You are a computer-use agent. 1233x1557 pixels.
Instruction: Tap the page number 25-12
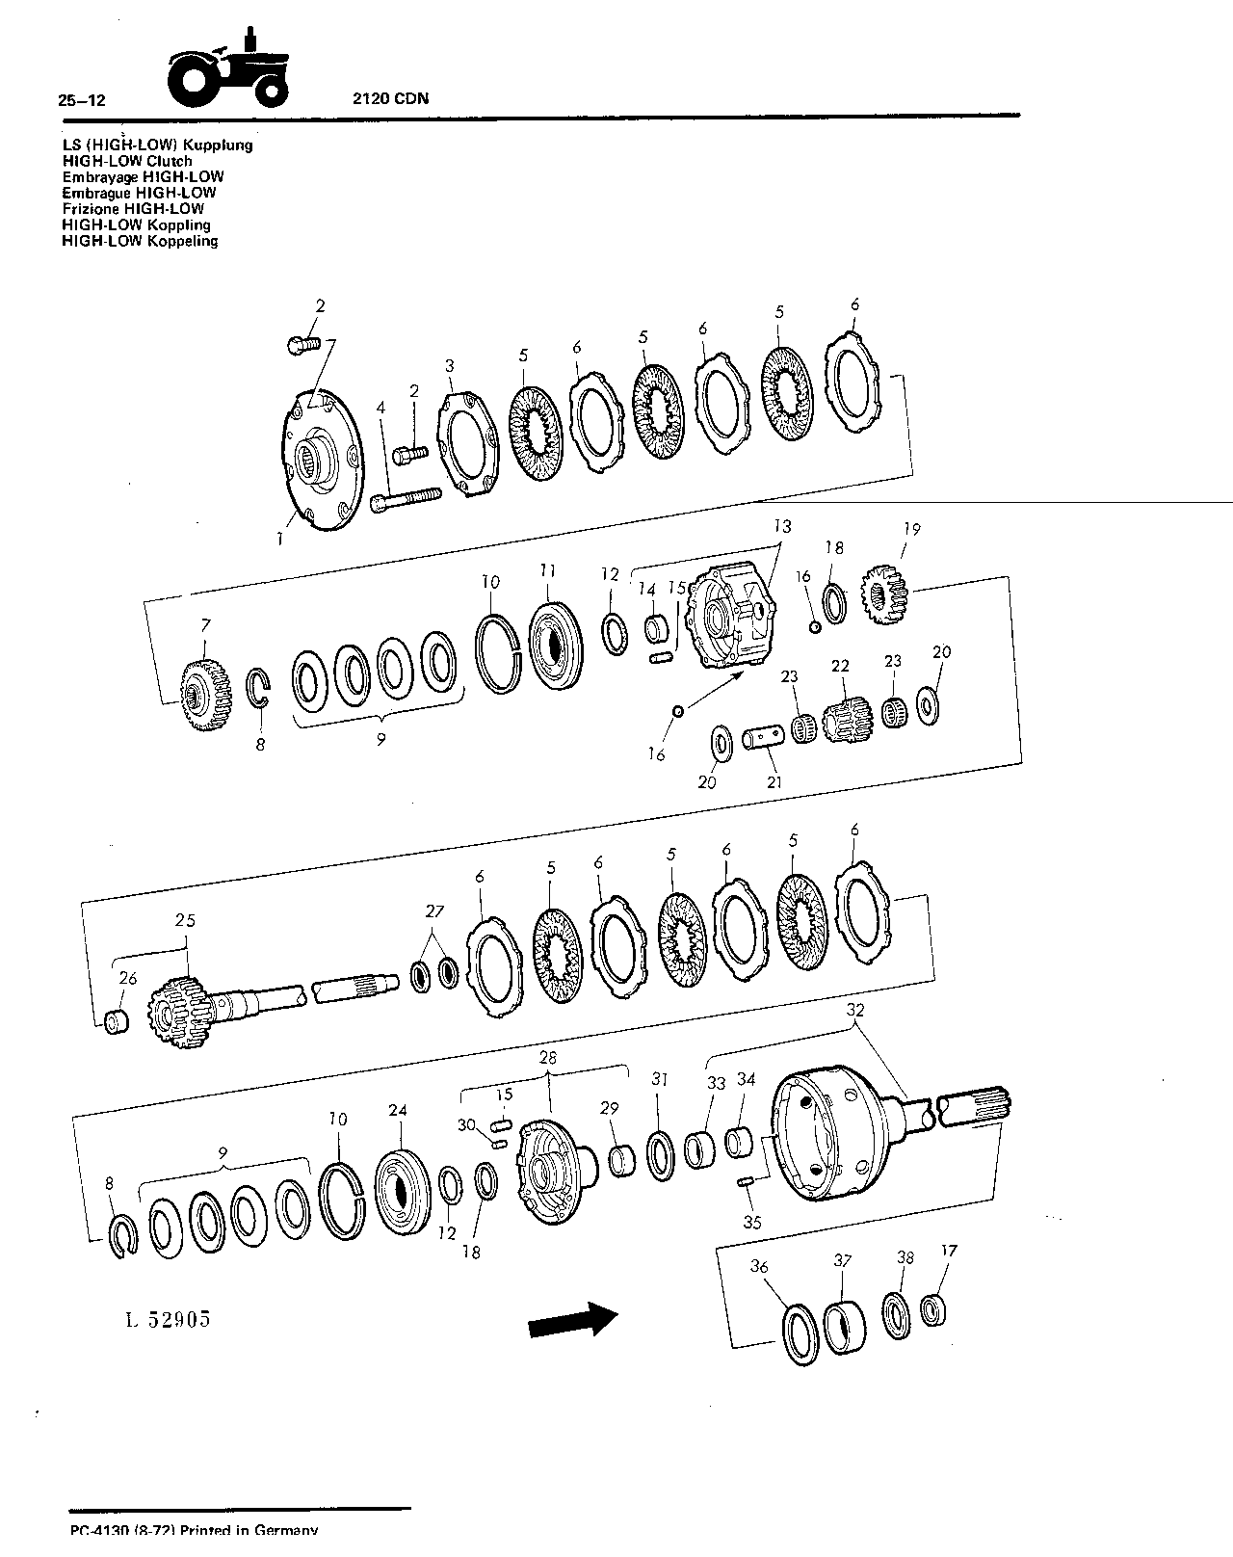point(82,100)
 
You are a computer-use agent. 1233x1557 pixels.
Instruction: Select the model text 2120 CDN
point(391,98)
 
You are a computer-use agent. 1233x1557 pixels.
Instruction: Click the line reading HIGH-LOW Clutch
point(127,161)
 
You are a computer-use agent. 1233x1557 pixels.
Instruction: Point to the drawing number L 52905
point(168,1320)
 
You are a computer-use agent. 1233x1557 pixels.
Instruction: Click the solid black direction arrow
point(573,1320)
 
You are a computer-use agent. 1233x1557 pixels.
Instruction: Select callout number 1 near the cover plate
point(279,539)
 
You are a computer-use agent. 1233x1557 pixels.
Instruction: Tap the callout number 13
point(782,526)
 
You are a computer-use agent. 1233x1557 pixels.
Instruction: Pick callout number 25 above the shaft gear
point(185,920)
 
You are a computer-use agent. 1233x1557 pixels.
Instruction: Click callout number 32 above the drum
point(855,1010)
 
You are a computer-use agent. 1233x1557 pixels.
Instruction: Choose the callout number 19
point(911,529)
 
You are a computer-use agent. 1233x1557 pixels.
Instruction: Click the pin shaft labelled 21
point(764,739)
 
